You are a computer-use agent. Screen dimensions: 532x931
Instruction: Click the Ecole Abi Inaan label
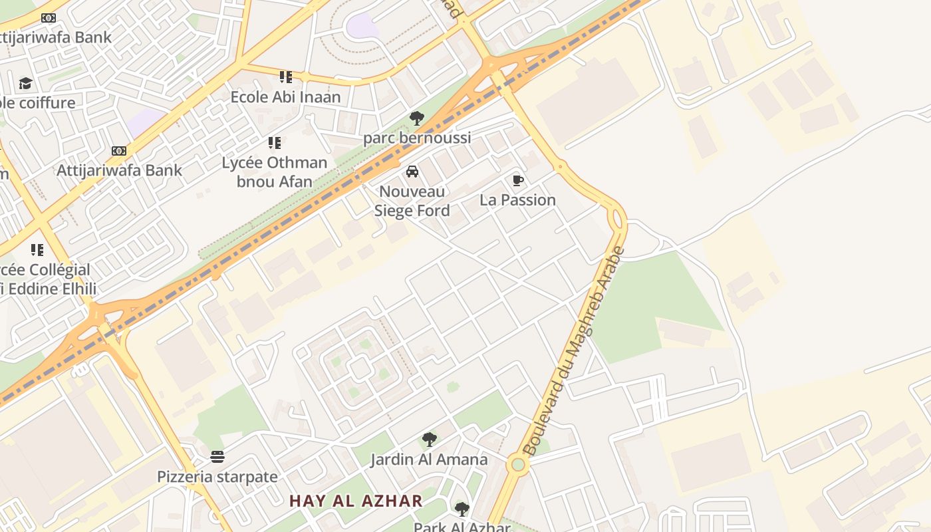[x=285, y=97]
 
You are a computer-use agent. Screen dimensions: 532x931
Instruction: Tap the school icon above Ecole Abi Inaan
[x=286, y=77]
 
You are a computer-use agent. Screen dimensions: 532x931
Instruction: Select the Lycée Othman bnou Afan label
[x=275, y=172]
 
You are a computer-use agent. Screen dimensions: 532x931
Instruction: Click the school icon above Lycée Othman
[x=275, y=143]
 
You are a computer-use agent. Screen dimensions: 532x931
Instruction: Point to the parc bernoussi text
[x=417, y=138]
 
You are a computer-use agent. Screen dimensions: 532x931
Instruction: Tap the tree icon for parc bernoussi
[x=417, y=119]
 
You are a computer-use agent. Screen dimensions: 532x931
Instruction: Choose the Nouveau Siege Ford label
[x=412, y=201]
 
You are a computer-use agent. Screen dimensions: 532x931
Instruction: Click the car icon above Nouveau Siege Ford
[x=412, y=172]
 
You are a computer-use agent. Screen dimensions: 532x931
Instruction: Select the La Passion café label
[x=517, y=200]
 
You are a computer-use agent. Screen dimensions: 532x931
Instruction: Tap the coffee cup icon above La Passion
[x=518, y=181]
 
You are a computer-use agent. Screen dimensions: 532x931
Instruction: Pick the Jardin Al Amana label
[x=429, y=460]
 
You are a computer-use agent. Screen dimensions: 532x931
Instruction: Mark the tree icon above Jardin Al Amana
[x=430, y=440]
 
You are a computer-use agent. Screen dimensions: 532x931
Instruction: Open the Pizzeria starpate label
[x=217, y=477]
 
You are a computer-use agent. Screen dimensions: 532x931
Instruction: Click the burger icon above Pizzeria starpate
[x=217, y=457]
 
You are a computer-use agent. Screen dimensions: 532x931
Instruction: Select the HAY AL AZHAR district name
[x=356, y=501]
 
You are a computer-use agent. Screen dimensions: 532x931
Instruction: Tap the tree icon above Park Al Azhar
[x=462, y=510]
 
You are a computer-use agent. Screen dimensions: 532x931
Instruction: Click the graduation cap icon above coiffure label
[x=25, y=84]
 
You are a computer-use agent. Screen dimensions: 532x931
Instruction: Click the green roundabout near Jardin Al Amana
[x=518, y=464]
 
